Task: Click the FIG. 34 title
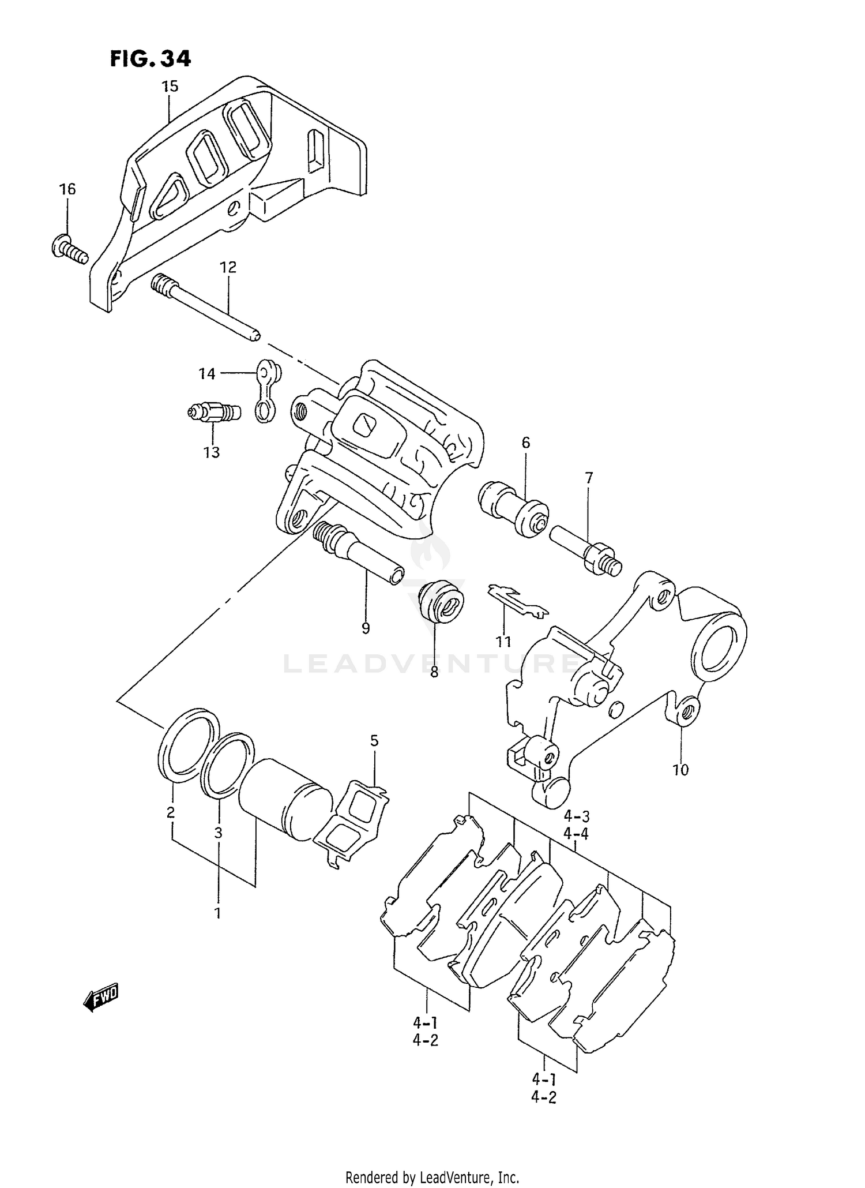tap(151, 59)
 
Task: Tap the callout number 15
tap(170, 87)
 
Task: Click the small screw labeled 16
tap(68, 250)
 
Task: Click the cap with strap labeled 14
tap(266, 392)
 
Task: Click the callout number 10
tap(680, 770)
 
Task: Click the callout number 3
tap(218, 833)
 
